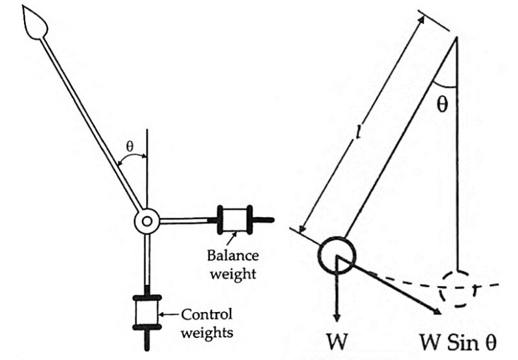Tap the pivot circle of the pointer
pos(147,221)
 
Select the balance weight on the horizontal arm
pos(236,218)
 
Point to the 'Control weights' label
pos(207,324)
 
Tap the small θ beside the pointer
pos(129,147)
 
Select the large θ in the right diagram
pos(442,105)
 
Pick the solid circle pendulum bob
pos(337,255)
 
